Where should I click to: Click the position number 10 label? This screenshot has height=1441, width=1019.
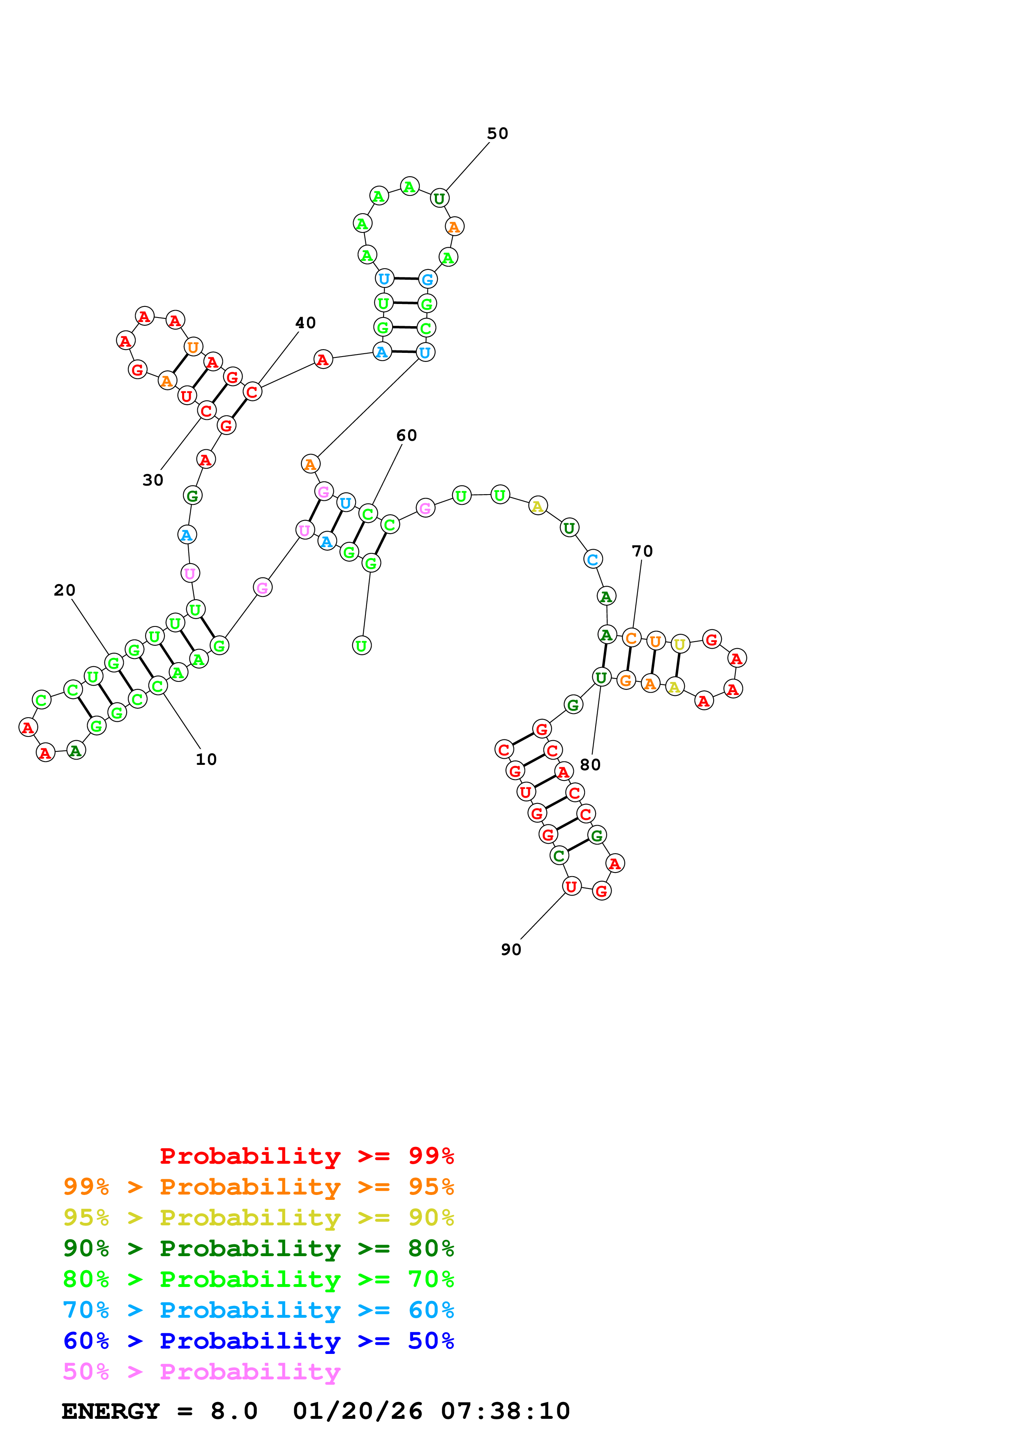pyautogui.click(x=206, y=760)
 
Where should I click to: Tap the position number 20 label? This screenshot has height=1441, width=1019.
pyautogui.click(x=64, y=590)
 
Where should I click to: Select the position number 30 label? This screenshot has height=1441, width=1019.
pyautogui.click(x=153, y=480)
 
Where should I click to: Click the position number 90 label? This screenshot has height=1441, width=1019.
pyautogui.click(x=511, y=950)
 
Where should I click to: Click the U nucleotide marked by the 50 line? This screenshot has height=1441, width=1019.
pyautogui.click(x=439, y=198)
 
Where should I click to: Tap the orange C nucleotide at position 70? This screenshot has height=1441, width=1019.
pyautogui.click(x=631, y=638)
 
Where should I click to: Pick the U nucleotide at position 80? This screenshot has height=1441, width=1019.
pyautogui.click(x=601, y=677)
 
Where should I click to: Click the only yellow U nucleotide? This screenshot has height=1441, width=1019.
pyautogui.click(x=679, y=644)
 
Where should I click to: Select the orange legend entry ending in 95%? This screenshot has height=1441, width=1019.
pyautogui.click(x=258, y=1187)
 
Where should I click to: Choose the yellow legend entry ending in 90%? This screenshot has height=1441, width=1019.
pyautogui.click(x=258, y=1218)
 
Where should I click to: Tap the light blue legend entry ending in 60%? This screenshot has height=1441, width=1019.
pyautogui.click(x=258, y=1310)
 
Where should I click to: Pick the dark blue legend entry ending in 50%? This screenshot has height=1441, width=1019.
pyautogui.click(x=258, y=1341)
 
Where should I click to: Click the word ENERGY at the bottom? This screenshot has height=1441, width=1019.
pyautogui.click(x=111, y=1411)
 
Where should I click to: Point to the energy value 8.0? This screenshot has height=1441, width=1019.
pyautogui.click(x=233, y=1411)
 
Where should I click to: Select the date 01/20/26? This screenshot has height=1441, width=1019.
pyautogui.click(x=357, y=1411)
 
